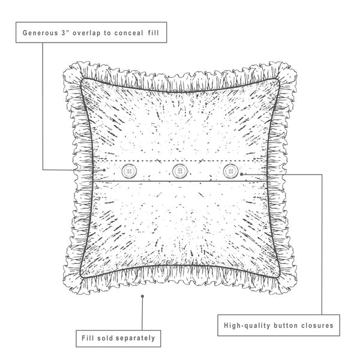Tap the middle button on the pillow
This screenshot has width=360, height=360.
click(x=179, y=172)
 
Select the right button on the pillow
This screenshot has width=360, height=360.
click(x=230, y=172)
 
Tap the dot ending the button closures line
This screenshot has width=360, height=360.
click(x=241, y=174)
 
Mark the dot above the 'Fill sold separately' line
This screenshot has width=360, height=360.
click(x=142, y=296)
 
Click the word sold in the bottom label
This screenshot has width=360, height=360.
click(x=104, y=338)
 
